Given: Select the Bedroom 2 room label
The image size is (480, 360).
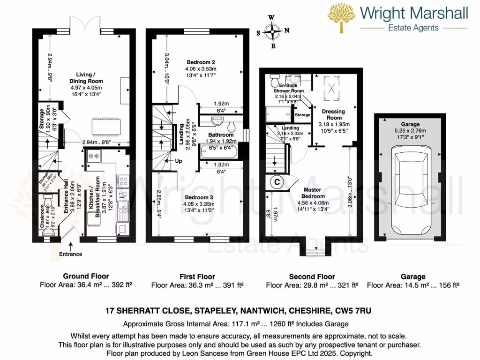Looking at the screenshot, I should click(x=201, y=62).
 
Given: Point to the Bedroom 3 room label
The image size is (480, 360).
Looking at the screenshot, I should click(x=199, y=197).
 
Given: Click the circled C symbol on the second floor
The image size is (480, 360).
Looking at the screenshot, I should click(x=277, y=182).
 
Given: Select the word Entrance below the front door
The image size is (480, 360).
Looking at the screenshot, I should click(x=70, y=254).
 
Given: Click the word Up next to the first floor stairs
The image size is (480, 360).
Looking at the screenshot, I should click(x=179, y=161).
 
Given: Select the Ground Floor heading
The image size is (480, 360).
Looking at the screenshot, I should click(x=86, y=277).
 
